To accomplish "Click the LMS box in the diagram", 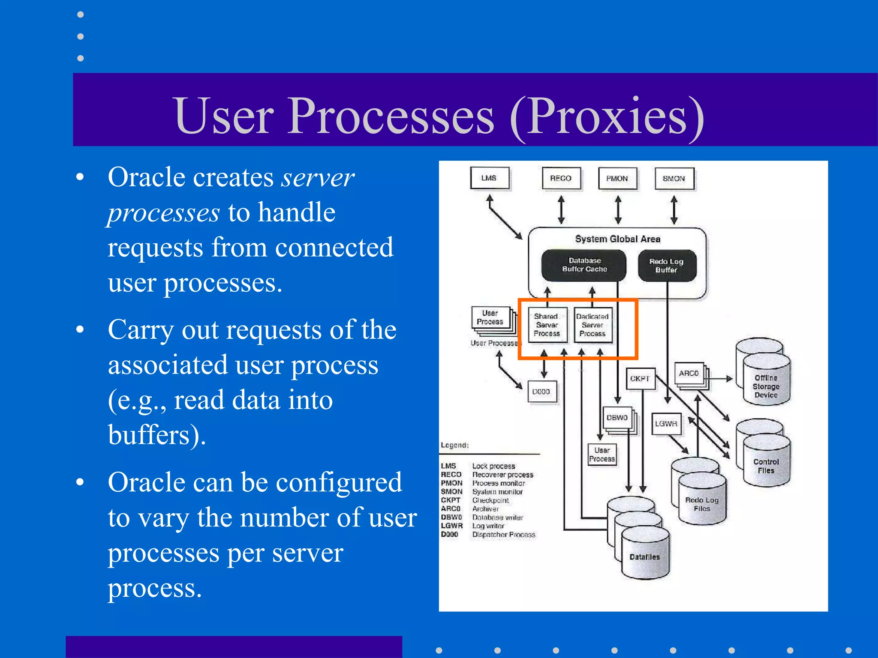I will click(489, 178).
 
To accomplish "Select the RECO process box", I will click(561, 178).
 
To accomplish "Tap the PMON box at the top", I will click(617, 178).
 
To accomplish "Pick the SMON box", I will click(674, 179).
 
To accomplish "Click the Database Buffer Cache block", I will click(584, 265).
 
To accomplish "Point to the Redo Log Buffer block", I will click(666, 266).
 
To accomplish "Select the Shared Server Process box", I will click(547, 325).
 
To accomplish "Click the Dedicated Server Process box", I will click(592, 325).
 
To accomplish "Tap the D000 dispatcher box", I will click(541, 392).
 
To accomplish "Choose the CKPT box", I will click(640, 379).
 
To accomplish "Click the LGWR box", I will click(666, 424).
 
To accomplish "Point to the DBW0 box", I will click(617, 418).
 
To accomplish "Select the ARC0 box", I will click(689, 374).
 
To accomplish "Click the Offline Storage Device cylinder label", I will click(766, 386).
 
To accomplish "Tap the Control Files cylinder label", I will click(766, 466).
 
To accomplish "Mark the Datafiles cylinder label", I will click(644, 557).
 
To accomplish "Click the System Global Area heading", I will click(617, 239).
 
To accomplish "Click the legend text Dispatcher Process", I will click(504, 535).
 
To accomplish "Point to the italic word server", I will click(318, 177).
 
